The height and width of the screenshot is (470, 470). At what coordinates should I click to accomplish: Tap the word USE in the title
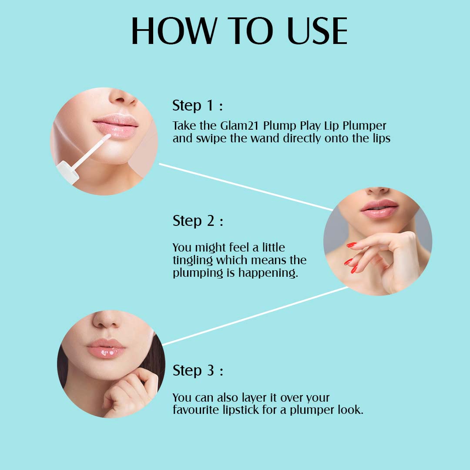(317, 31)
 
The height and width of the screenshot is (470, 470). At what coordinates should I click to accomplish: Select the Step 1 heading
(198, 105)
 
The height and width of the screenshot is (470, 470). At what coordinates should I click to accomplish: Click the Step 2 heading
(198, 221)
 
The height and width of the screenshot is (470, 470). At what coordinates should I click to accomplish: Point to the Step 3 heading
(198, 371)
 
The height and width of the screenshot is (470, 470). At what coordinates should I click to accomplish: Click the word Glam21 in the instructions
(239, 126)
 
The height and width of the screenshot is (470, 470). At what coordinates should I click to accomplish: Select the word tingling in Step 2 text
(192, 261)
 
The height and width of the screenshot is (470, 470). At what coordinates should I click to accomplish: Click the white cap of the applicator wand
(68, 172)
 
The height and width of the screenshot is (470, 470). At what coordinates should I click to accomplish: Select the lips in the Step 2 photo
(379, 208)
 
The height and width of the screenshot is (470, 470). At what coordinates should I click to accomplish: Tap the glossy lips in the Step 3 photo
(107, 349)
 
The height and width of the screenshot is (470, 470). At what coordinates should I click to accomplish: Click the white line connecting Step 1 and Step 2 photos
(246, 187)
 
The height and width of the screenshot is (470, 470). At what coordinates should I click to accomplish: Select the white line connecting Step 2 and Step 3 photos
(255, 316)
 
